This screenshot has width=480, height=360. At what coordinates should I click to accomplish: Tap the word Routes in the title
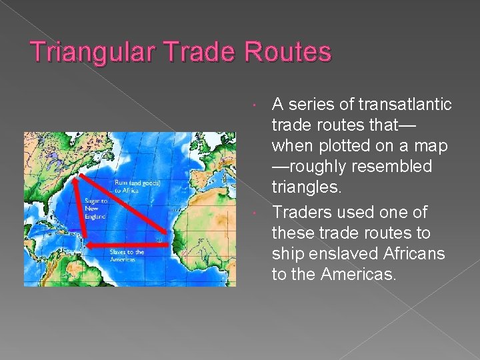288,53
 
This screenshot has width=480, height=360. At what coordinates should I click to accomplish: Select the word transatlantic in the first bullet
405,105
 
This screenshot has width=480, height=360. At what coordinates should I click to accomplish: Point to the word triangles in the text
306,187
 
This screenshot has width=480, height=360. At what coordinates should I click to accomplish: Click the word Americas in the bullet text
358,275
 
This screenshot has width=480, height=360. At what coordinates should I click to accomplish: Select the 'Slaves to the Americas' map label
126,255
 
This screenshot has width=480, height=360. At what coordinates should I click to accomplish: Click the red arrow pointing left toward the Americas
123,245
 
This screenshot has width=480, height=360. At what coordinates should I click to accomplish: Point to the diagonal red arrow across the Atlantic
120,204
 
